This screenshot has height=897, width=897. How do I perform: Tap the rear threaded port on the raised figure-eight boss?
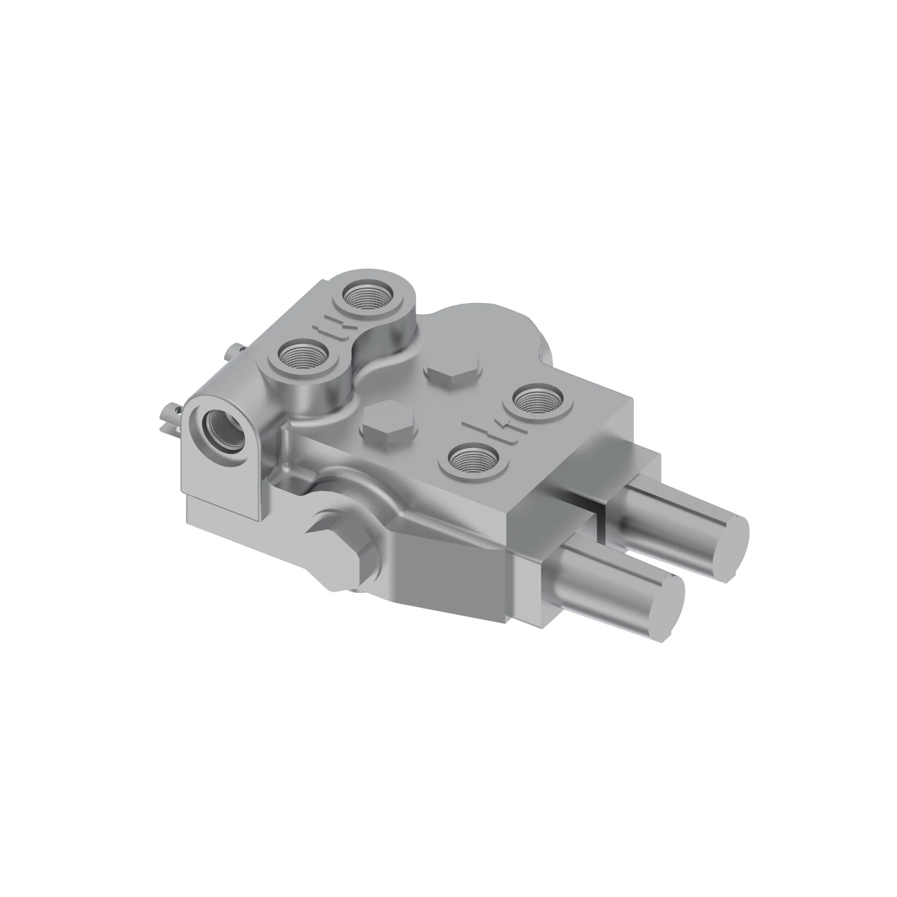tap(367, 296)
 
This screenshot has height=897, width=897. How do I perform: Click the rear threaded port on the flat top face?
tap(538, 397)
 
